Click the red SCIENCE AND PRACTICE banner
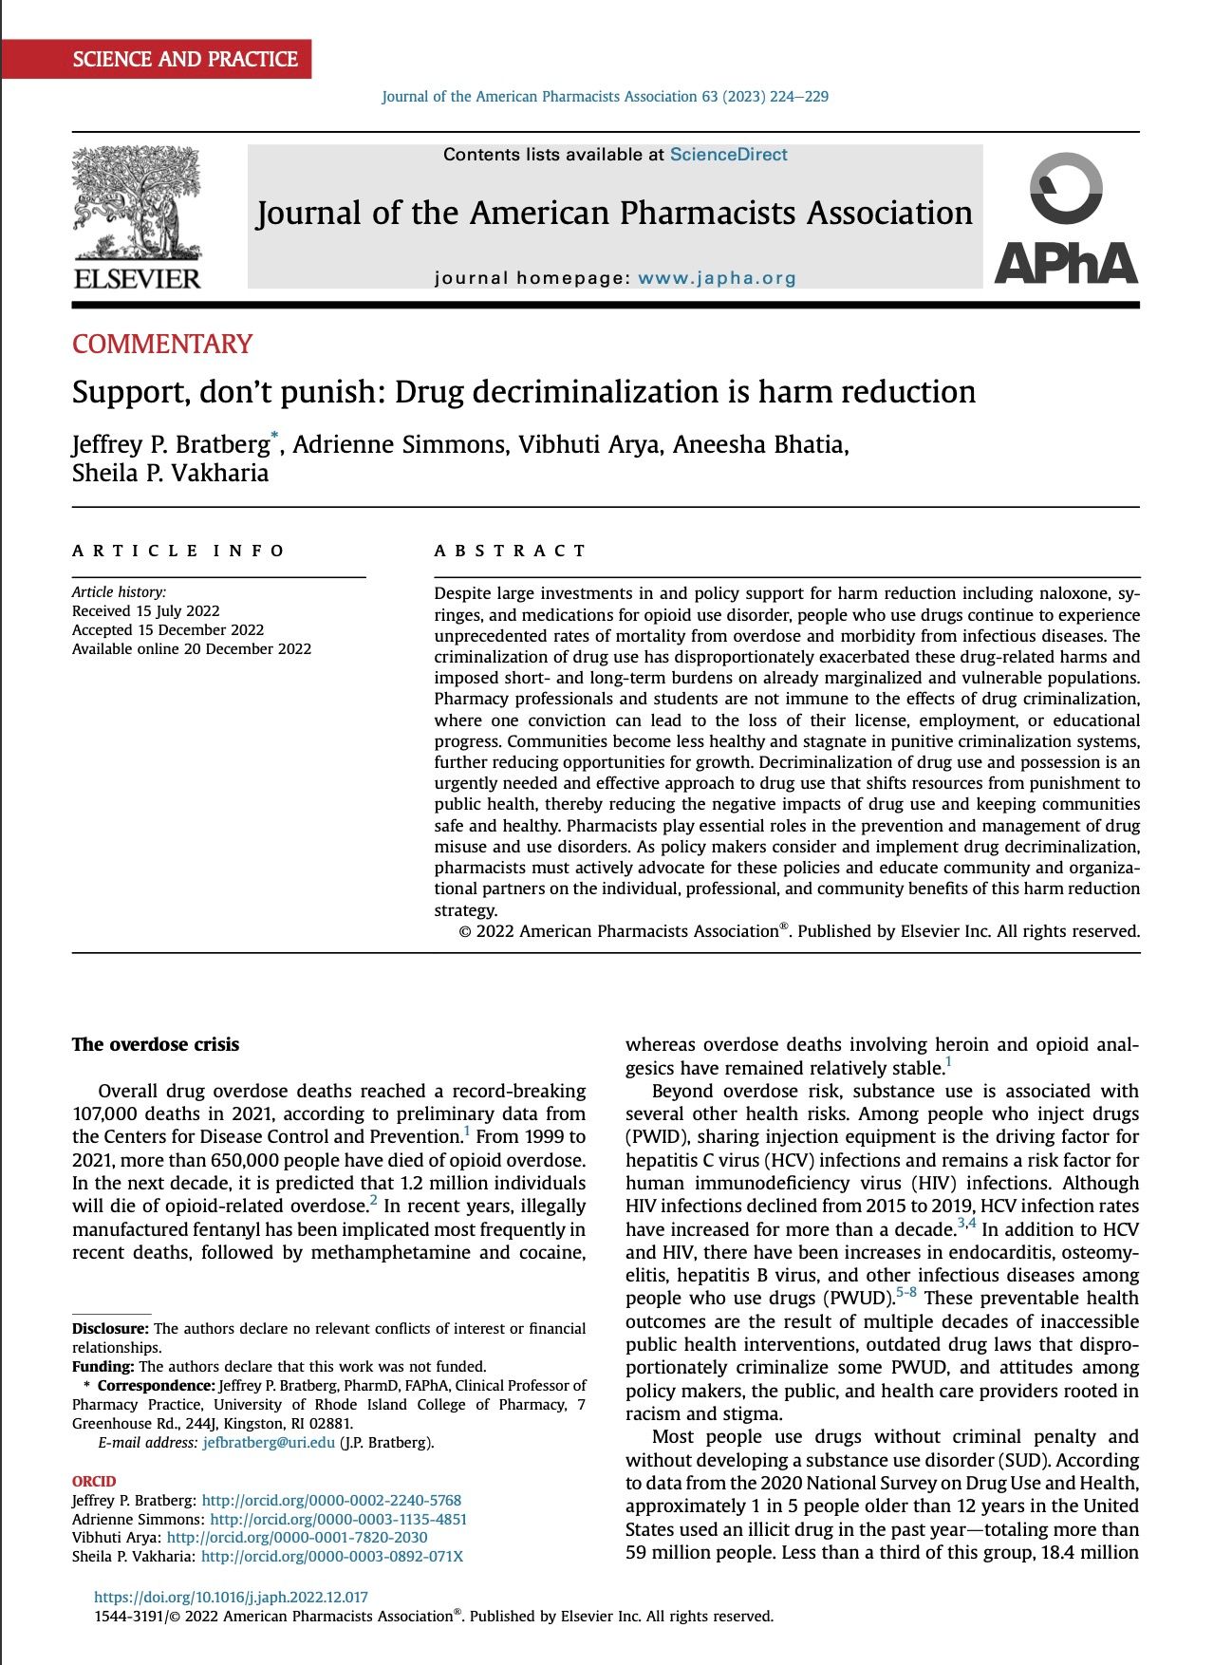[x=185, y=59]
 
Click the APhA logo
[x=1066, y=219]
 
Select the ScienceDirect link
[x=728, y=155]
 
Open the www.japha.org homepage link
[x=717, y=278]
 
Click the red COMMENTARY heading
[x=162, y=344]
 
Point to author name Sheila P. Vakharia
[x=170, y=473]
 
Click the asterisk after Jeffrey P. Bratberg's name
[x=275, y=436]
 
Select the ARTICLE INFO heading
[x=178, y=551]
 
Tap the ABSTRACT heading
[x=510, y=551]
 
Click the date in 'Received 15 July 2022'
[x=177, y=611]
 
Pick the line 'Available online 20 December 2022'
[x=192, y=649]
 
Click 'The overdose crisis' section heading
[x=156, y=1045]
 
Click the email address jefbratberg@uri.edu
[x=269, y=1443]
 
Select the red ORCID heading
[x=94, y=1482]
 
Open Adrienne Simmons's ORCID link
[x=338, y=1520]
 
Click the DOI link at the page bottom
[x=231, y=1598]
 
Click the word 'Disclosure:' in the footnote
[x=110, y=1329]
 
